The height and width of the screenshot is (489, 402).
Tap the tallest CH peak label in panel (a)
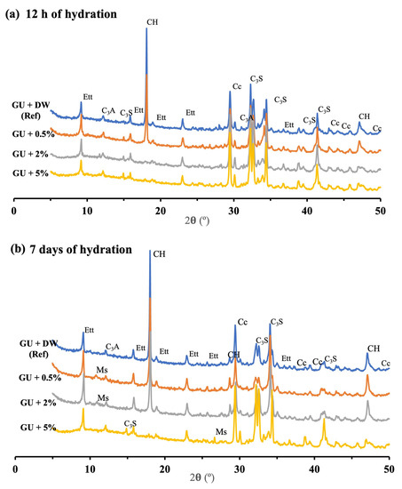pos(146,20)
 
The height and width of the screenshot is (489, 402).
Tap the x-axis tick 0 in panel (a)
pos(15,212)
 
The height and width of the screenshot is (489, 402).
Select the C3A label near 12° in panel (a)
pos(108,110)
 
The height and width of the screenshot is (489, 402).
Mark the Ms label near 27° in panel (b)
pos(221,434)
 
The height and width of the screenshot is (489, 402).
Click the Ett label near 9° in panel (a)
pos(88,96)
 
